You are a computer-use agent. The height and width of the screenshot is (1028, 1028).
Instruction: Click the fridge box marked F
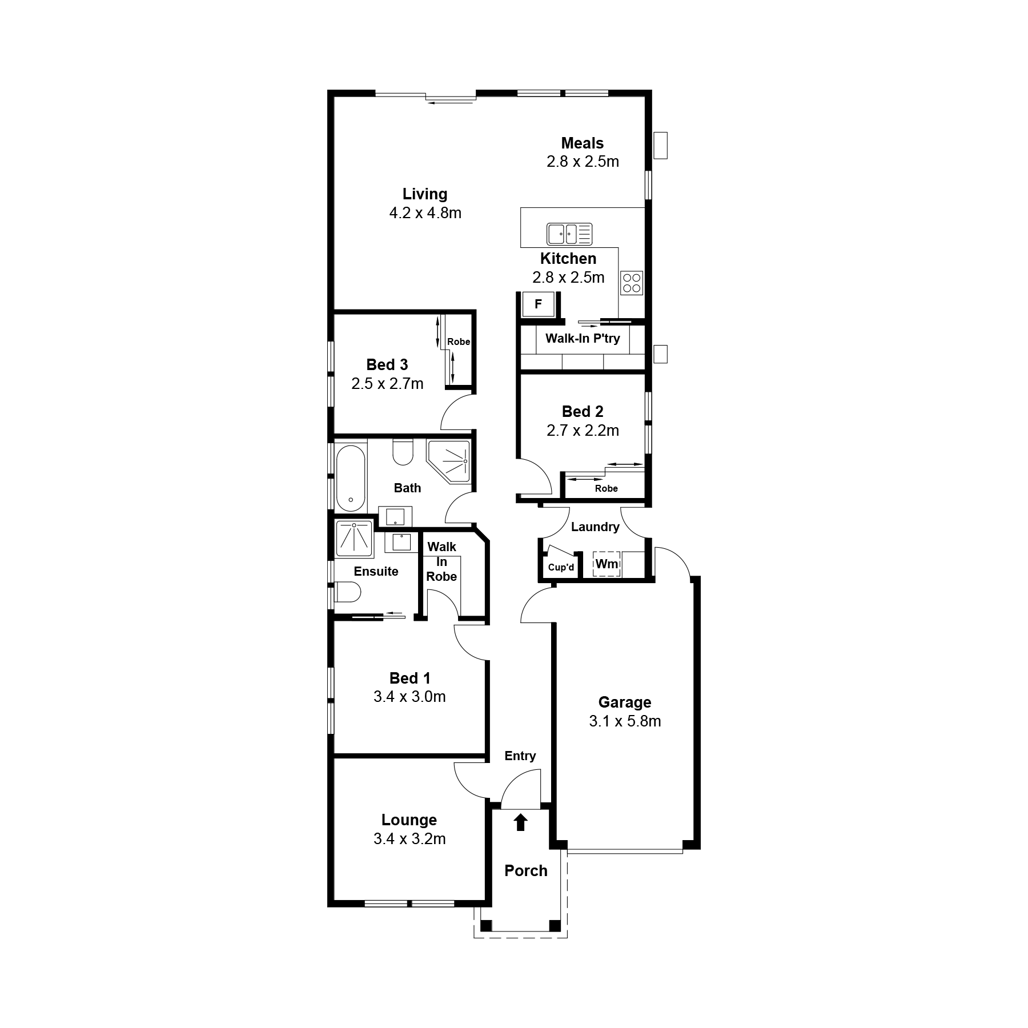[538, 304]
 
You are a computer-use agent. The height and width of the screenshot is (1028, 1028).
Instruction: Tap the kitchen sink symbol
[569, 234]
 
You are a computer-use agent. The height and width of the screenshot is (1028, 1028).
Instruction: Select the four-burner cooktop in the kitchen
[632, 283]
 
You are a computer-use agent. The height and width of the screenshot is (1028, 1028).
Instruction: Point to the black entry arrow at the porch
[520, 822]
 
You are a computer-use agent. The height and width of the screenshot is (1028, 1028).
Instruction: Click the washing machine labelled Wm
[607, 564]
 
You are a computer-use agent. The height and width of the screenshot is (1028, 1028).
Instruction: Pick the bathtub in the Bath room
[350, 478]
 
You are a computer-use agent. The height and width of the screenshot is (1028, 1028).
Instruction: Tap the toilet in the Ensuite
[348, 592]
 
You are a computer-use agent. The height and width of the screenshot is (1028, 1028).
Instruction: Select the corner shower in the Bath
[449, 461]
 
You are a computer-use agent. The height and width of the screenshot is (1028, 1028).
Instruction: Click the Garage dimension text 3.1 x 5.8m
[625, 721]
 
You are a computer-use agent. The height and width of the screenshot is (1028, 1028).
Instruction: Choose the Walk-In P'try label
[583, 338]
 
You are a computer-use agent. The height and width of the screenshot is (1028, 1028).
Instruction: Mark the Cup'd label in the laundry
[561, 567]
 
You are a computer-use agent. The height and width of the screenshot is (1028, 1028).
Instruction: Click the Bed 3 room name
[387, 364]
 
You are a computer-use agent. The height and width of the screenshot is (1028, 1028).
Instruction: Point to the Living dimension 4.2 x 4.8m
[425, 213]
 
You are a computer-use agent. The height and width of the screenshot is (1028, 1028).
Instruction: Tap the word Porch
[526, 870]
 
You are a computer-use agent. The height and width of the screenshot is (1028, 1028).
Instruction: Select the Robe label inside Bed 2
[606, 488]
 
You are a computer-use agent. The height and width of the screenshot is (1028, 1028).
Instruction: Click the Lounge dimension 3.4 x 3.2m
[409, 839]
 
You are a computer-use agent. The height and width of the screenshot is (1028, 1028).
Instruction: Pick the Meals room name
[582, 143]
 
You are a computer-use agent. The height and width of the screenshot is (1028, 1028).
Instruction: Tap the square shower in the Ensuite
[354, 538]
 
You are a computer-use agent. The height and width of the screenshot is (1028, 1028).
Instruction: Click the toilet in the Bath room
[403, 452]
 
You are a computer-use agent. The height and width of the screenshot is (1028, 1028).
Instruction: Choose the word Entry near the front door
[520, 756]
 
